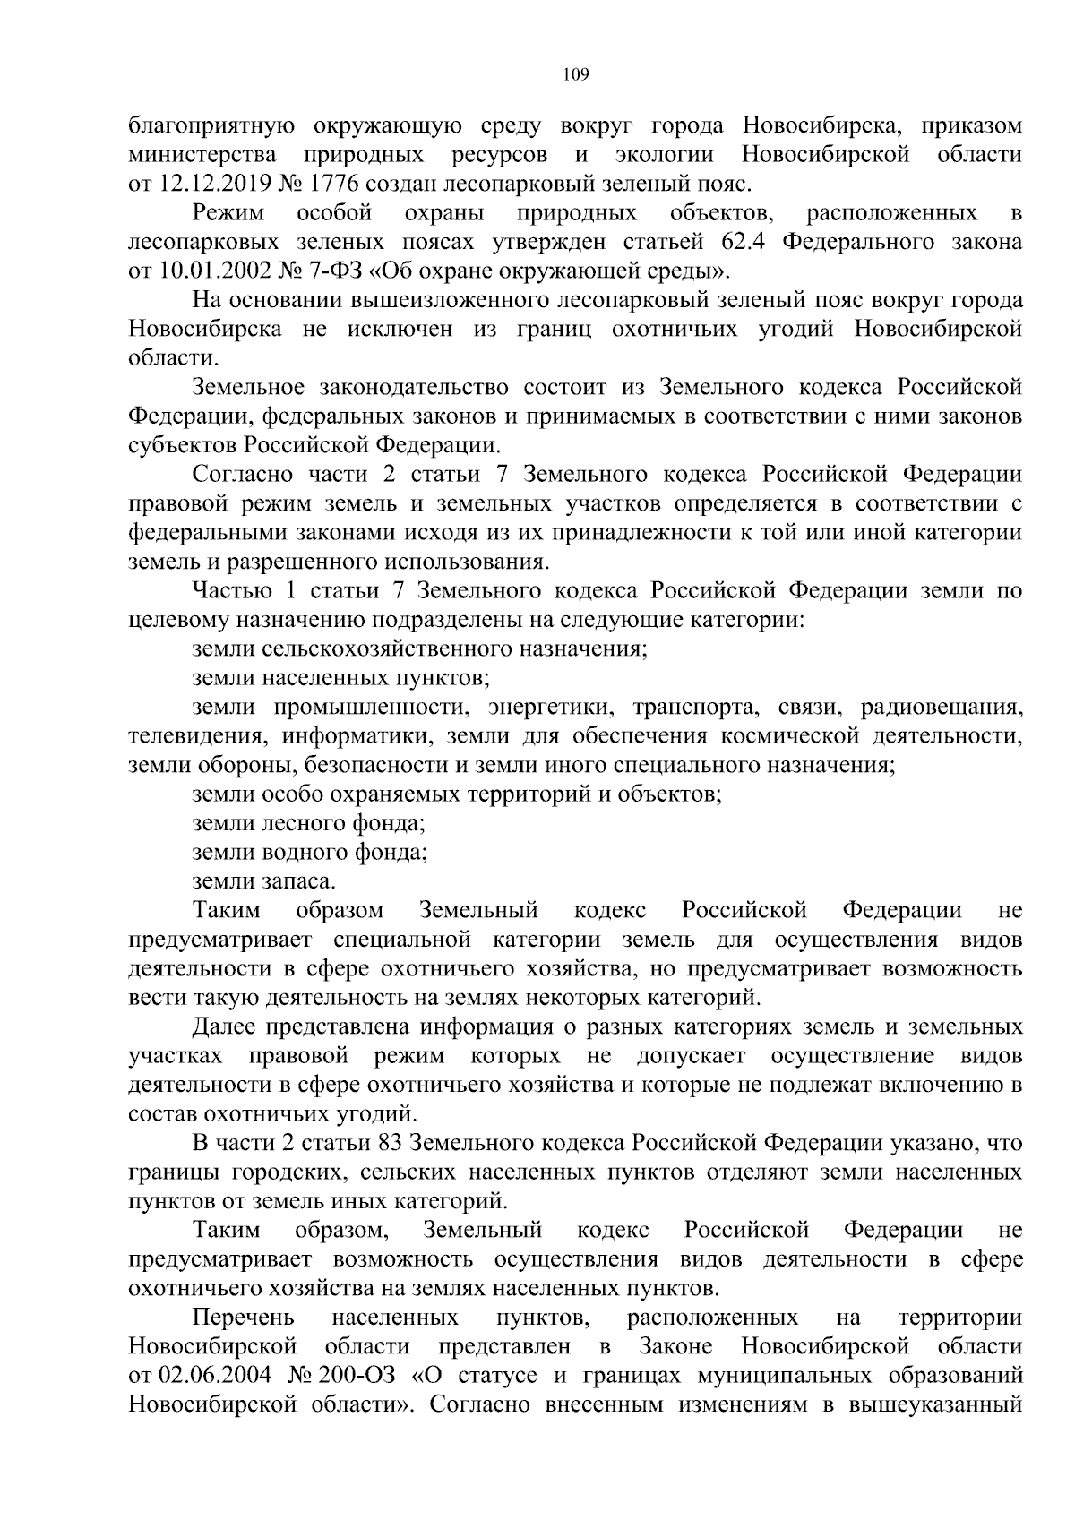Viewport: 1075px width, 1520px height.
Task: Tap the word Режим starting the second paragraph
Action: (x=228, y=213)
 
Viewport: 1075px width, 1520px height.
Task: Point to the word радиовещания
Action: (x=941, y=708)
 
